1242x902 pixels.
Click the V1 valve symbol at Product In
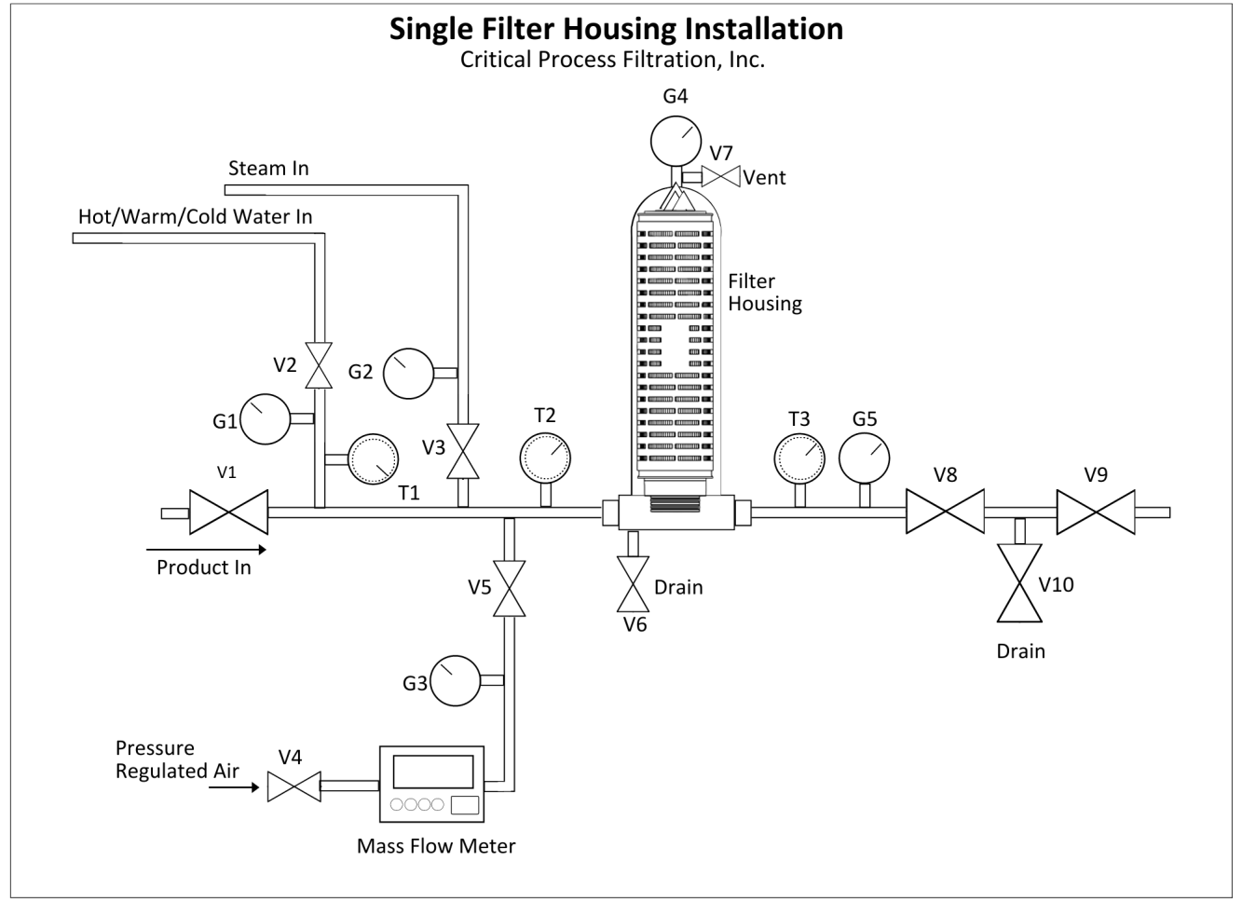pos(228,512)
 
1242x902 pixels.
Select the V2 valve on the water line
pos(319,365)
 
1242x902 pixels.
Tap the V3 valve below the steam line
pos(463,451)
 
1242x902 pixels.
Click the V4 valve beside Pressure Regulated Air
pos(293,786)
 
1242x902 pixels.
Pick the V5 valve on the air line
pos(509,589)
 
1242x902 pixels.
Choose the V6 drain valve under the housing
pos(633,584)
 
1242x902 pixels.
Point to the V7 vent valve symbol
pos(721,176)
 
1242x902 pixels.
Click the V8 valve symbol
pos(946,512)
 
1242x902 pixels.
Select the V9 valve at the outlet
pos(1096,512)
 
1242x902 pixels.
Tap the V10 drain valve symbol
pos(1019,583)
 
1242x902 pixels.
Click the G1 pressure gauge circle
pos(265,419)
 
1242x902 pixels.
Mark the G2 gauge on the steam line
pos(408,374)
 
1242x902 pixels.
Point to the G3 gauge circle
pos(456,681)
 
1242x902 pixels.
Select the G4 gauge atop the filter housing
pos(676,142)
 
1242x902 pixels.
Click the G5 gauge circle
pos(865,458)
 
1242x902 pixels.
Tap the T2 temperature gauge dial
pos(545,458)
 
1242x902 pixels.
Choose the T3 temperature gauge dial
pos(799,459)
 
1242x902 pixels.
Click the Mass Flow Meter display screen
pos(433,772)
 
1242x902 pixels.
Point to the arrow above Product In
pos(206,550)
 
